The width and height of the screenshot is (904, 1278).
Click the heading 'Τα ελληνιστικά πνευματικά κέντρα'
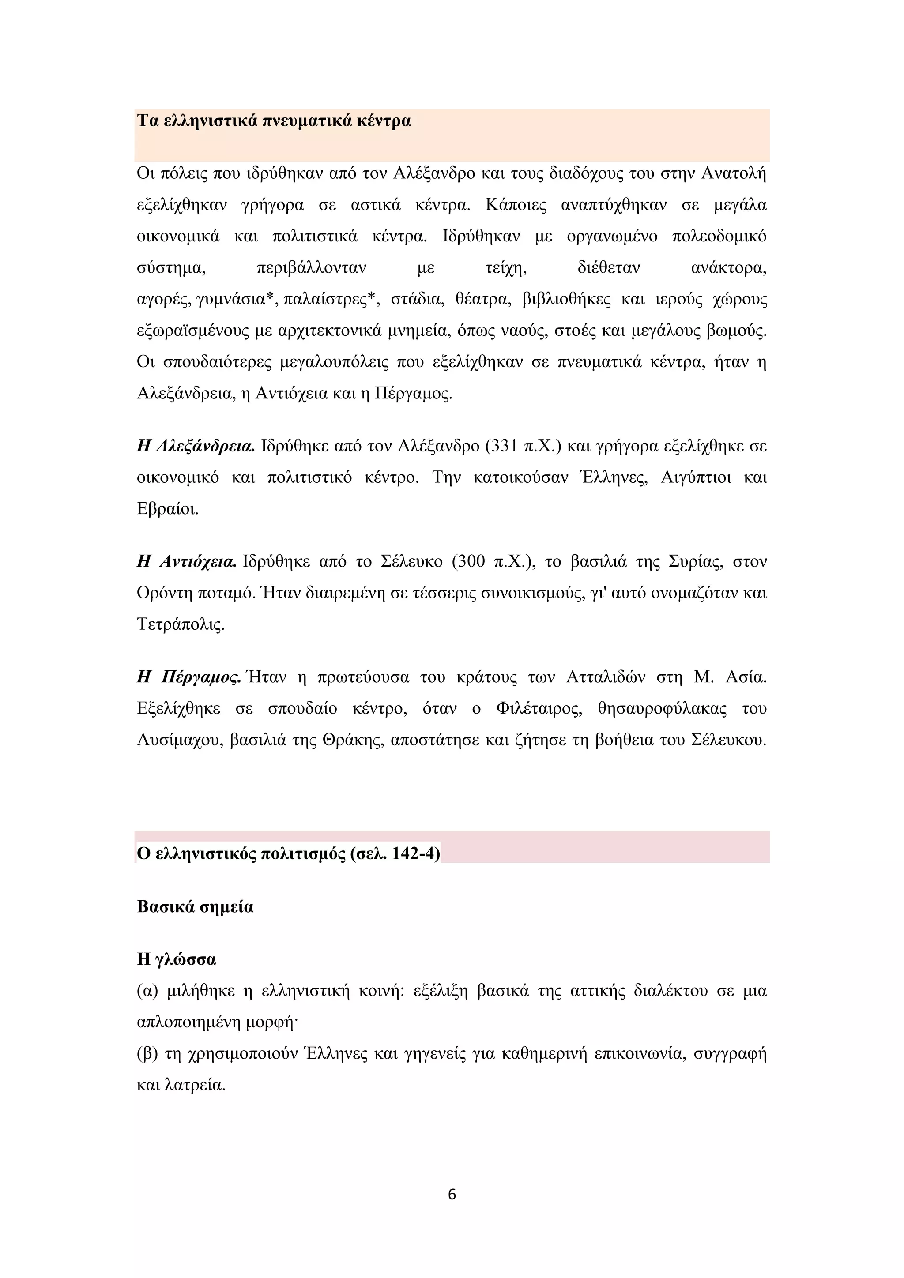click(273, 121)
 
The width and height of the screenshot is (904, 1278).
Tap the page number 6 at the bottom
click(452, 1195)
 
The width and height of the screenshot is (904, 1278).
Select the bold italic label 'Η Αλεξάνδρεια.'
click(196, 447)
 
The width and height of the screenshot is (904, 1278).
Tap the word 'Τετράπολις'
click(179, 624)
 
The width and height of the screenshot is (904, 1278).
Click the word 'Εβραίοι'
click(166, 509)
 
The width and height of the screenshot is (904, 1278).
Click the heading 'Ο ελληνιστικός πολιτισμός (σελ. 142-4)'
click(288, 853)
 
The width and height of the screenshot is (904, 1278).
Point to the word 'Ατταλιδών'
click(606, 677)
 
